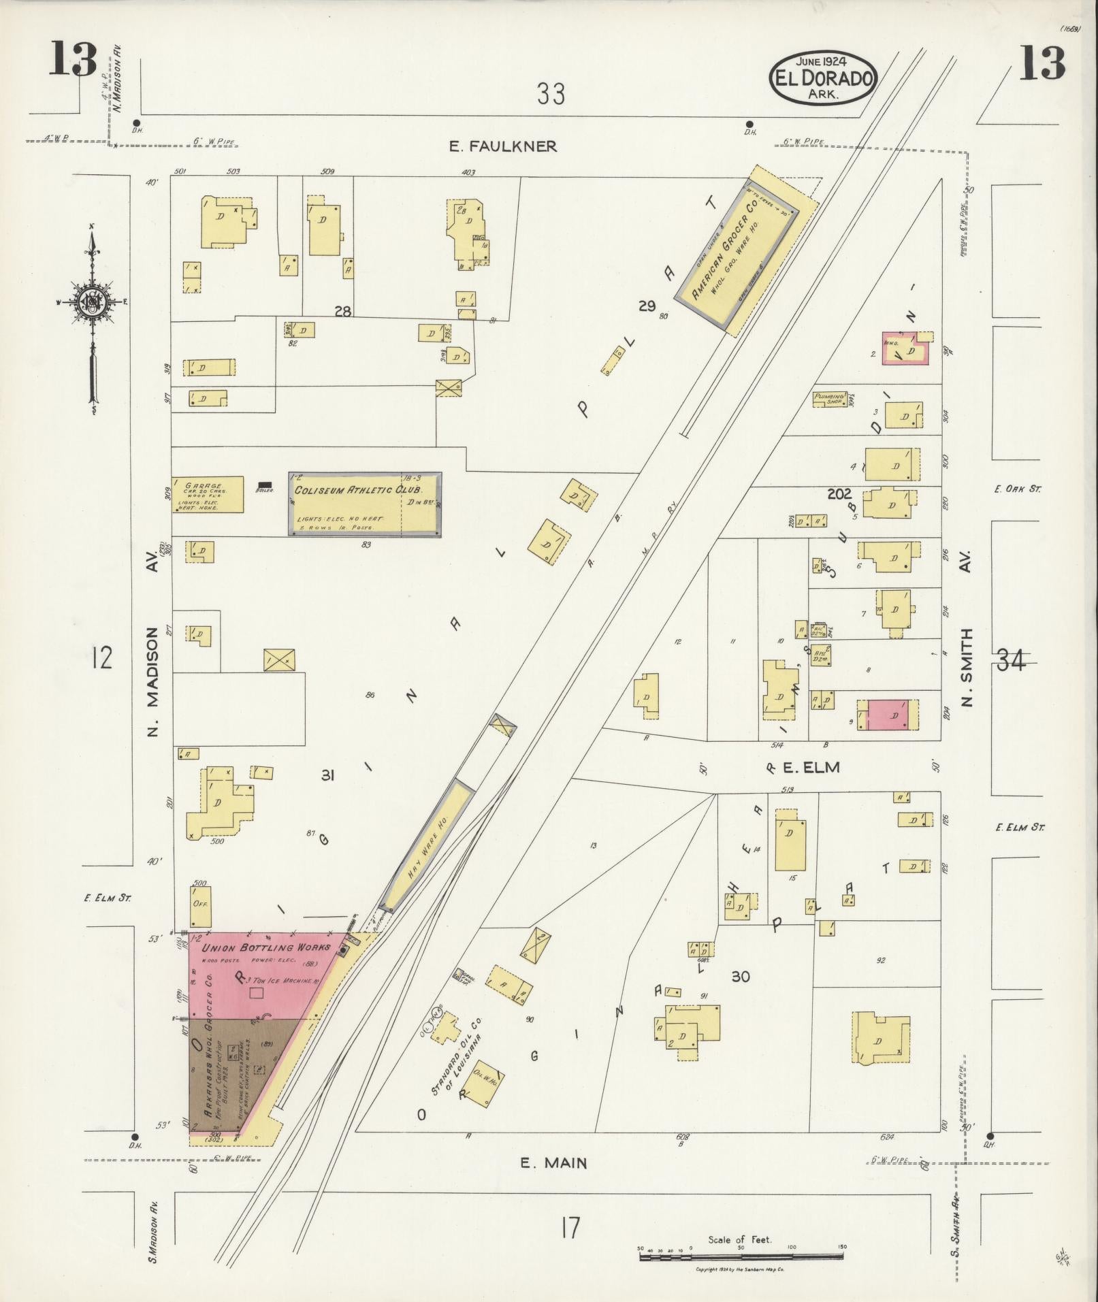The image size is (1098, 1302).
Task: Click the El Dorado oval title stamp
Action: tap(823, 78)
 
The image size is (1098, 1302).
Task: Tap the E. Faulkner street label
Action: tap(503, 146)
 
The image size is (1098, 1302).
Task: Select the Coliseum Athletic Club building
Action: tap(365, 504)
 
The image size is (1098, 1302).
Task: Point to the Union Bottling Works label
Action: tap(266, 947)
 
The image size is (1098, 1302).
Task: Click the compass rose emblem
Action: tap(91, 302)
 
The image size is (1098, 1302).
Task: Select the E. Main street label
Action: tap(553, 1163)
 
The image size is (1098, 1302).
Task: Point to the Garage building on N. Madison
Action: tap(207, 494)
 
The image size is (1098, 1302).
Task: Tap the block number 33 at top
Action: tap(550, 94)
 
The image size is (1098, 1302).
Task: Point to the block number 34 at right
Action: tap(1010, 660)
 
